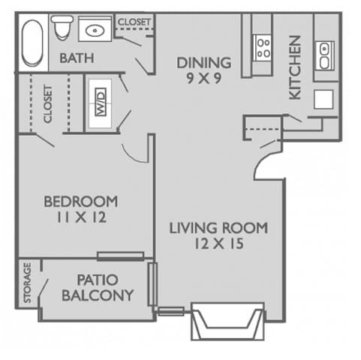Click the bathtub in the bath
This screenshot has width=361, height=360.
pos(32,42)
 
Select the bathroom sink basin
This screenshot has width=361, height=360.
pos(95,31)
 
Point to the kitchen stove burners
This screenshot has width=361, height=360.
pos(263,48)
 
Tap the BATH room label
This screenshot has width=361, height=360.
pos(76,58)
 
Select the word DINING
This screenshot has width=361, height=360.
pos(203,62)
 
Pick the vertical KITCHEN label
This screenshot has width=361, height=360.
pos(295,67)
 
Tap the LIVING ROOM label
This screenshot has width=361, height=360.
pos(218,227)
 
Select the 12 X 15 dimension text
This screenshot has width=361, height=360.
pos(218,243)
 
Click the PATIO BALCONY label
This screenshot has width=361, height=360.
pos(98,286)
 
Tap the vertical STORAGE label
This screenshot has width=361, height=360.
pos(28,283)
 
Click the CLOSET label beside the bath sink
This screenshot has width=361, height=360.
pos(134,22)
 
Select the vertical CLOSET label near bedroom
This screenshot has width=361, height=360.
pos(48,104)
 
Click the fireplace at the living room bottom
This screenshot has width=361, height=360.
pos(227,320)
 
